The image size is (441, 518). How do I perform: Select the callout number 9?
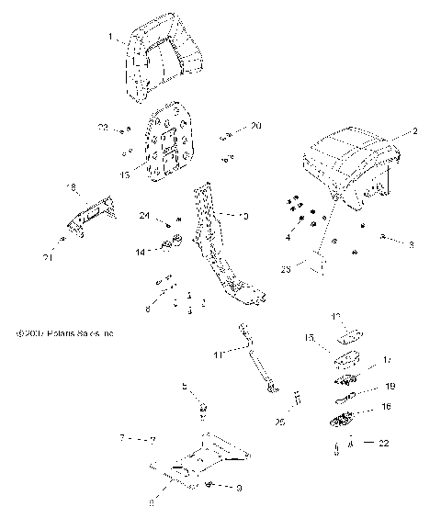239,488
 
